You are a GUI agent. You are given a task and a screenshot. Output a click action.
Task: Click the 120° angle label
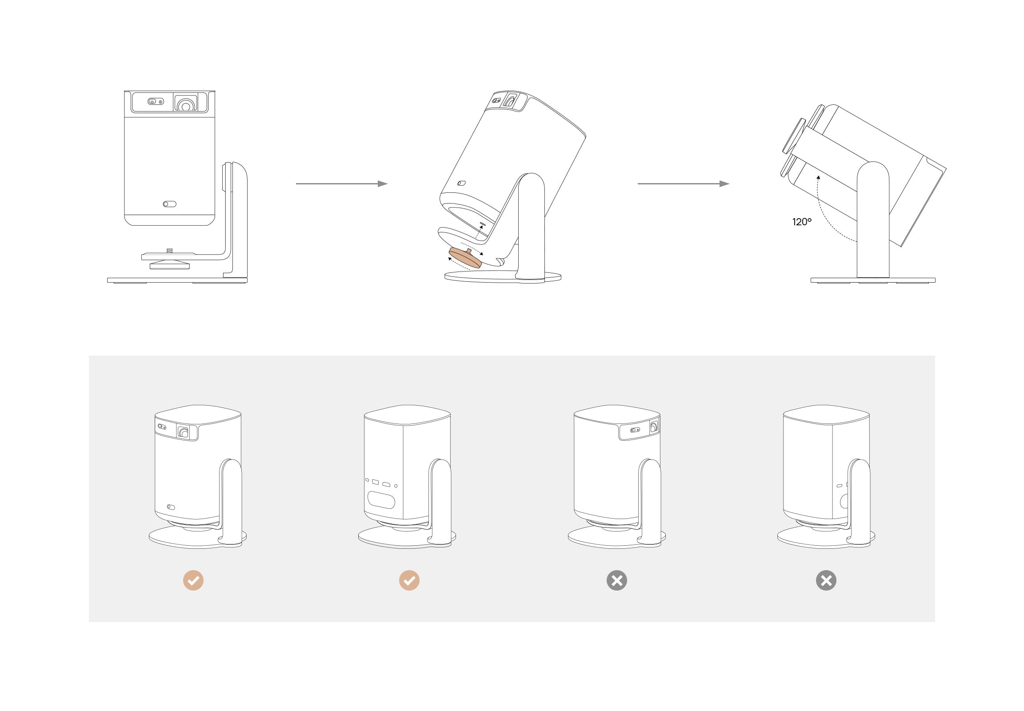point(801,222)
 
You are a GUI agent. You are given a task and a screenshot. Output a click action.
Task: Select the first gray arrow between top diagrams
point(341,184)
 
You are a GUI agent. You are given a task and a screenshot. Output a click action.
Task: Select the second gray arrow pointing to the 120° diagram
point(683,184)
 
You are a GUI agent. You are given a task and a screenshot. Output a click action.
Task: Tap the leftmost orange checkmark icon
point(193,580)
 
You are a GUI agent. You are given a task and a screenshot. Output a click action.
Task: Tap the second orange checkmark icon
point(409,580)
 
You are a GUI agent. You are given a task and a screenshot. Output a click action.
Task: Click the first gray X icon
point(617,580)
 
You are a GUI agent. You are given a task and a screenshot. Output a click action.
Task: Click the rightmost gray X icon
point(826,580)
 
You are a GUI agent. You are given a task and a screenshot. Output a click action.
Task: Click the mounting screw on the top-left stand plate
point(169,251)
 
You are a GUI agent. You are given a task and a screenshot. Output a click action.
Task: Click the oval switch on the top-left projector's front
point(169,204)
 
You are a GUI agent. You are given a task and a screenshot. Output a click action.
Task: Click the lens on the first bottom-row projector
point(183,431)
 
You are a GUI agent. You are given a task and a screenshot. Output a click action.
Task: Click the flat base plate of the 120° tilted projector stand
point(872,280)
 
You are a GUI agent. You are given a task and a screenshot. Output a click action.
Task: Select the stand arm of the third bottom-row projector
point(650,499)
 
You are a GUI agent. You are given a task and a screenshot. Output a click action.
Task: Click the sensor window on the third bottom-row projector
point(634,430)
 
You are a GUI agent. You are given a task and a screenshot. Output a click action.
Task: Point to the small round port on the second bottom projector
point(396,486)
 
